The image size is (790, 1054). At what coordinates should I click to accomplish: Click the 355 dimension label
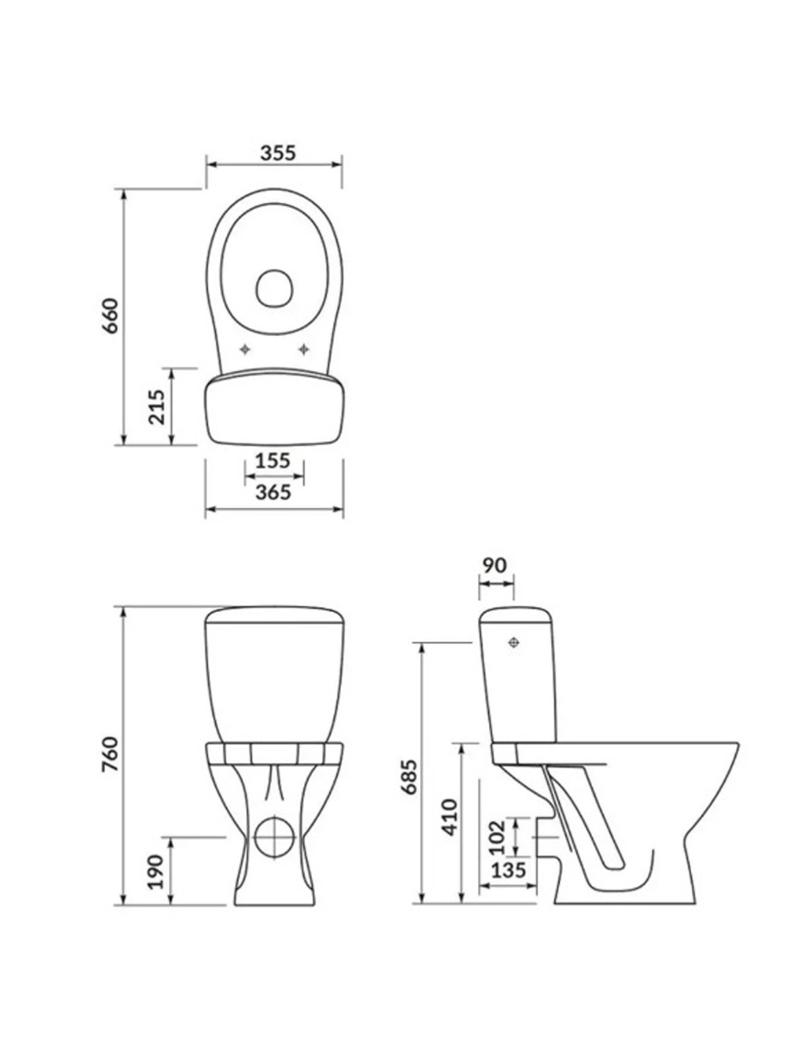278,153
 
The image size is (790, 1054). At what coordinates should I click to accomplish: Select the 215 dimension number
157,406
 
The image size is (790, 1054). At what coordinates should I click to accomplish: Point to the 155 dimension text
273,461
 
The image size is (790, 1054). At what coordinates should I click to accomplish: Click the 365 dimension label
273,491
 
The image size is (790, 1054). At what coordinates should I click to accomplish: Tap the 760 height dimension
111,754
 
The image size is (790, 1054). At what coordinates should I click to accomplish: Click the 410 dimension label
450,818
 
